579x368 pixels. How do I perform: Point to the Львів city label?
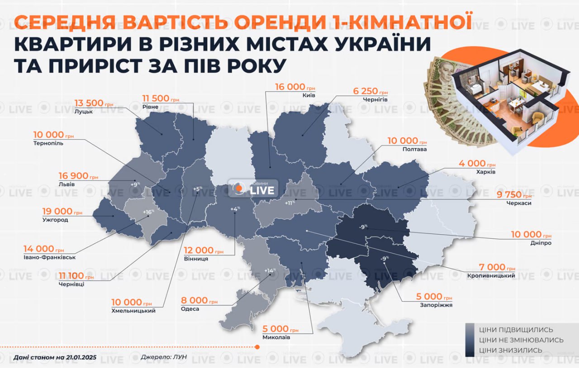point(66,184)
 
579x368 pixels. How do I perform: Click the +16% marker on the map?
point(148,212)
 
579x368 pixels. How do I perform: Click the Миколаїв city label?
point(276,337)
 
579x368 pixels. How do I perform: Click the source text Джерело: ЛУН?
point(167,357)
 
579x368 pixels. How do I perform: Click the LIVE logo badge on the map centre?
point(253,189)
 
